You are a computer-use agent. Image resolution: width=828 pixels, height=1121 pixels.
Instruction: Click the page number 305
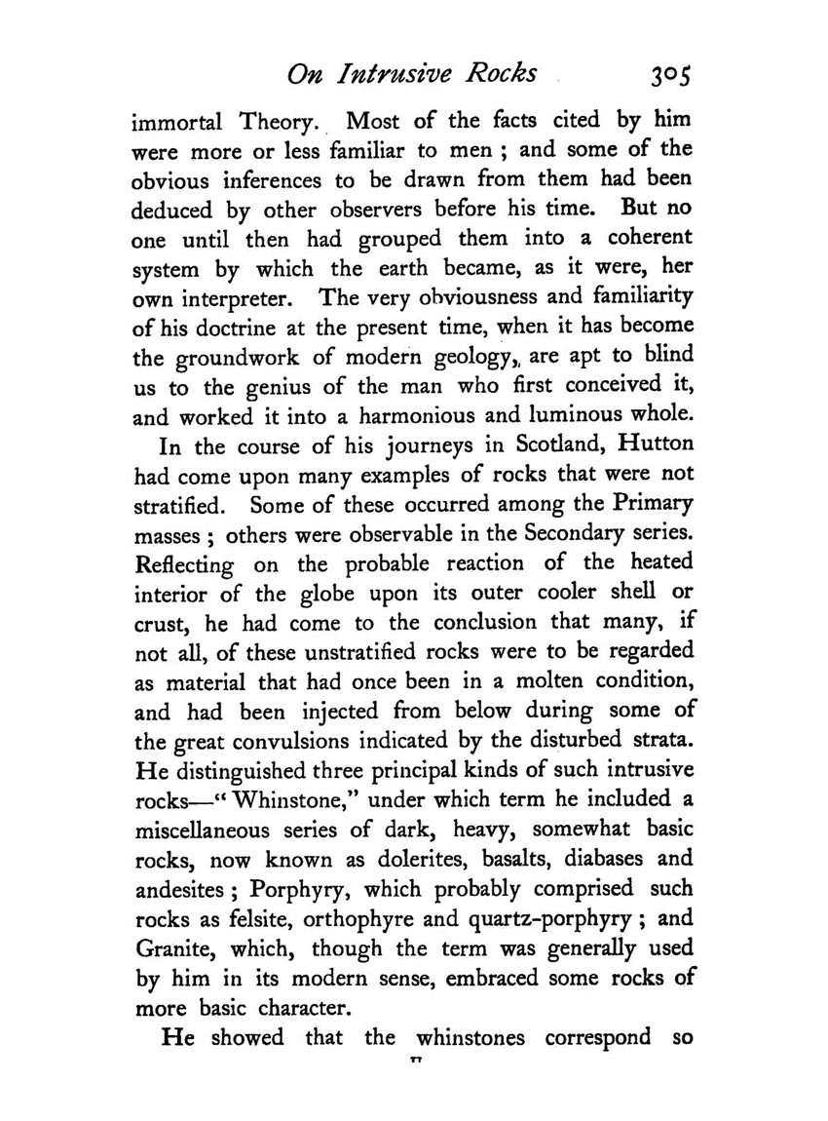[x=666, y=74]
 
